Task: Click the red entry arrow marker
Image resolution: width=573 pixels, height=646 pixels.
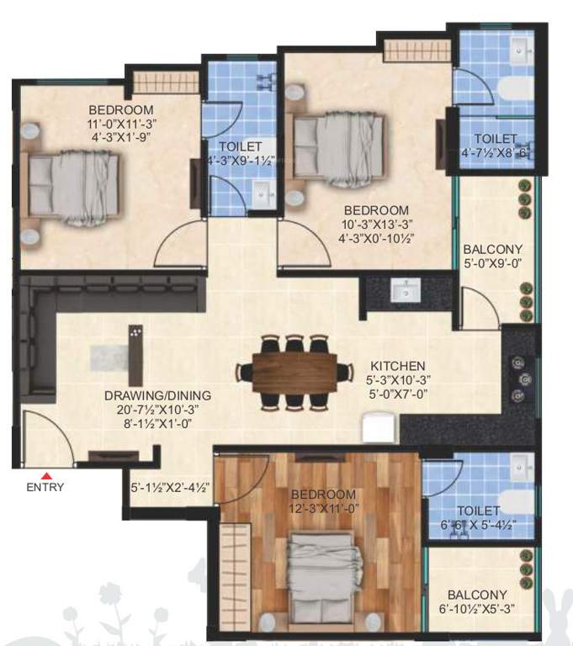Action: point(47,475)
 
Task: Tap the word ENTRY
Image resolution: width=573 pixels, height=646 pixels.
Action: point(45,487)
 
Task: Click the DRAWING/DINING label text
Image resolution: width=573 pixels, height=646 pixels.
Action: point(157,395)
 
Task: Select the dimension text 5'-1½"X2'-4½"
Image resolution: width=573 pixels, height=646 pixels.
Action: point(169,486)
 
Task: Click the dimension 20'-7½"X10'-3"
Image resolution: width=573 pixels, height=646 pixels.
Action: point(157,410)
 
